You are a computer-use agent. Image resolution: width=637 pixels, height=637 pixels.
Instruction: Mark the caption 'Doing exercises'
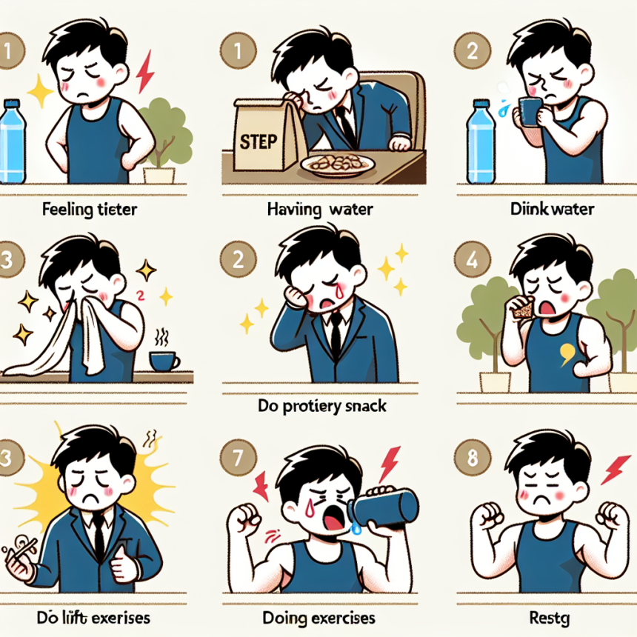[318, 616]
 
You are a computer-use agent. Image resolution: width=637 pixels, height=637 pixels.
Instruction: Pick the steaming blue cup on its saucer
[164, 359]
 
